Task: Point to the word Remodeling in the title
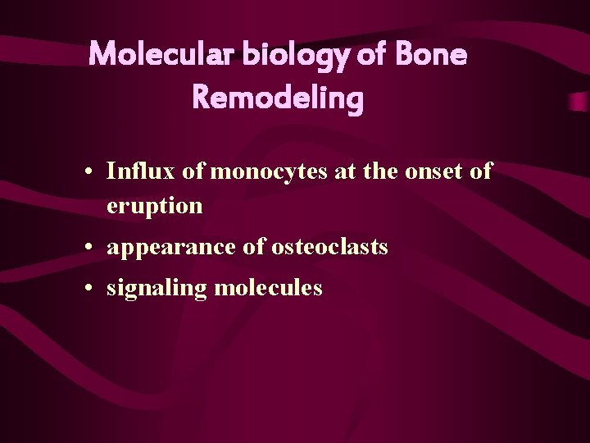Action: coord(277,98)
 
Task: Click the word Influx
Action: coord(134,171)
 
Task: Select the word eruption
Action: coord(154,206)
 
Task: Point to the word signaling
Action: coord(156,289)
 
